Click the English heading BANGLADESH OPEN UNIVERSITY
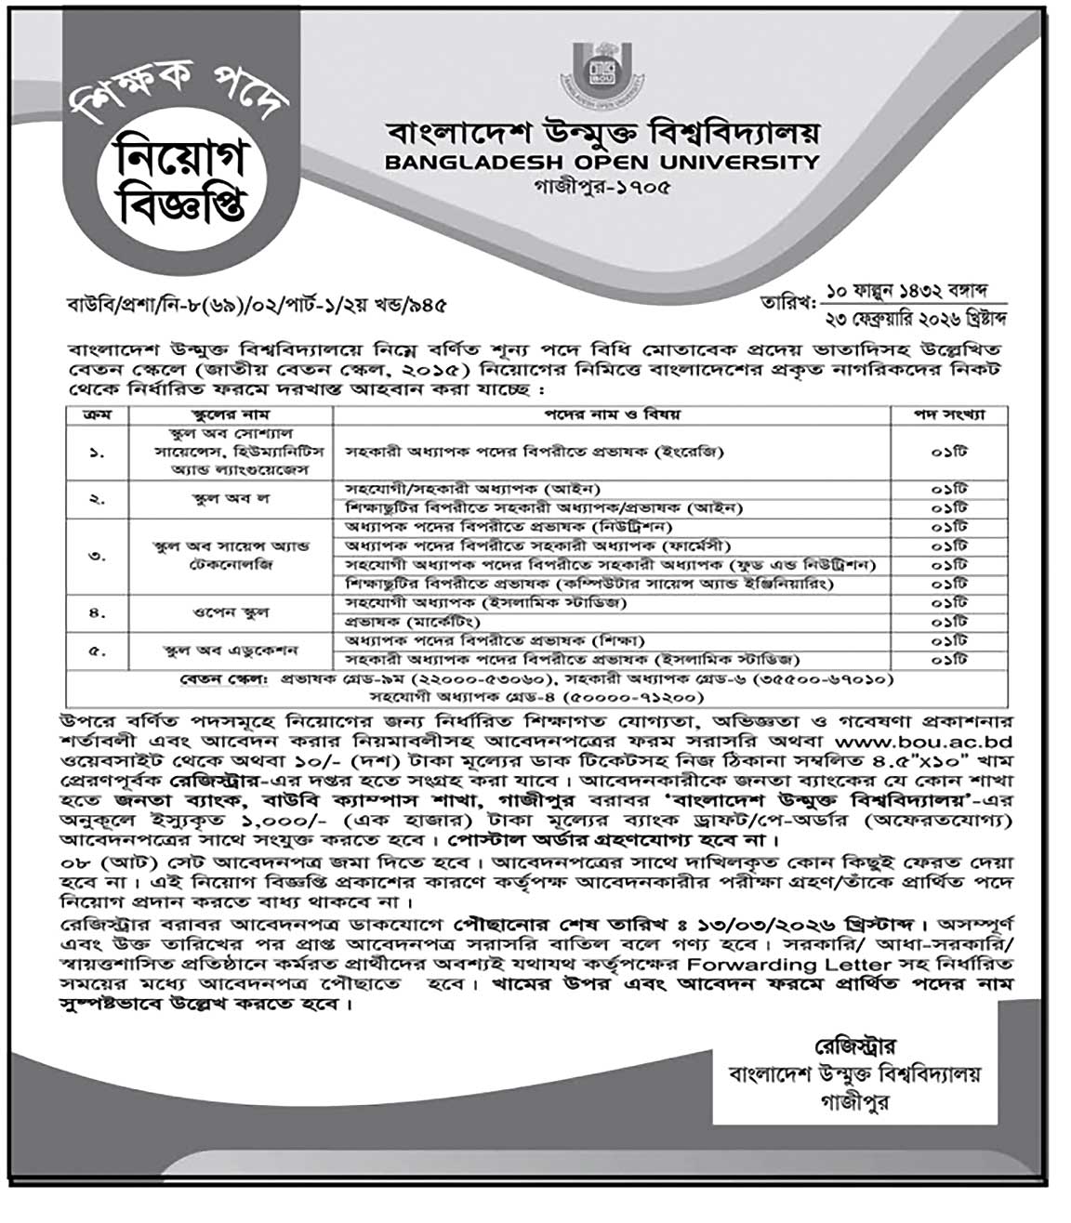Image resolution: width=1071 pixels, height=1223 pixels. click(602, 163)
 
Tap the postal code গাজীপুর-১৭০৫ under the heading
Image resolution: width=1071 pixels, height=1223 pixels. click(602, 185)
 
